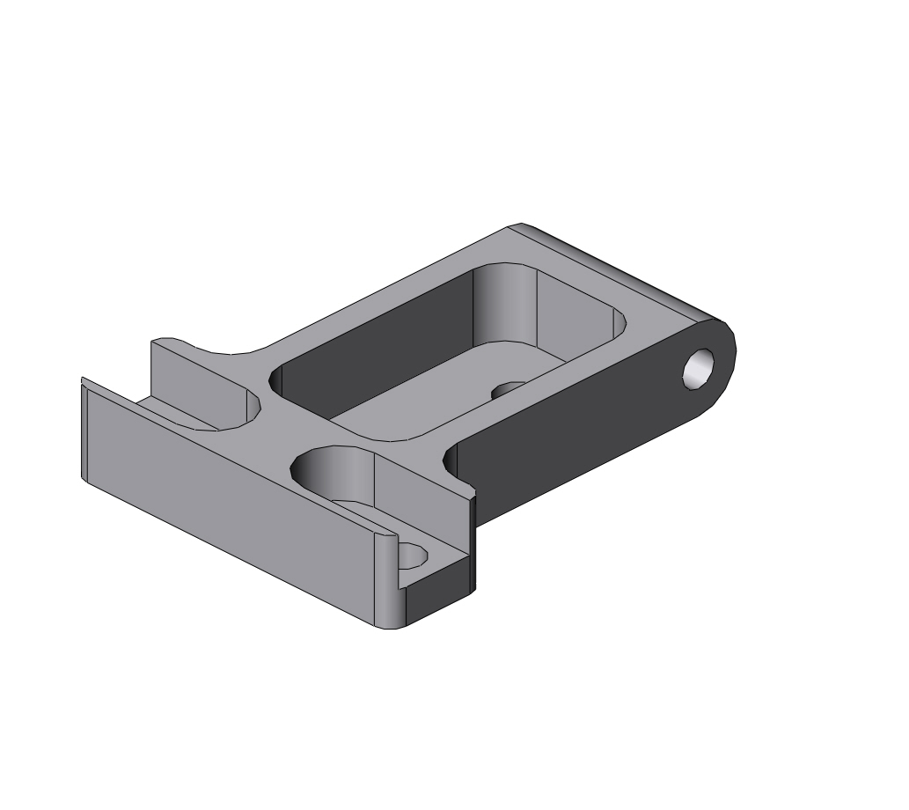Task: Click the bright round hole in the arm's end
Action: pos(700,367)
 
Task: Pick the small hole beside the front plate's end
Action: pos(412,556)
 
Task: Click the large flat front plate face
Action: pos(229,502)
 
